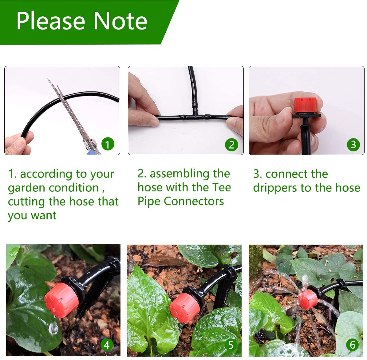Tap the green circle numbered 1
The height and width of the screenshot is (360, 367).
tap(107, 144)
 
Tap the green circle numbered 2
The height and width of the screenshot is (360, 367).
tap(231, 145)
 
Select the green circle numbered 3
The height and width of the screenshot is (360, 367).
tap(353, 145)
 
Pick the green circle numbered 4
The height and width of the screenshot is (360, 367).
tap(106, 345)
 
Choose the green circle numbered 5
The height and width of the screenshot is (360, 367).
tap(231, 345)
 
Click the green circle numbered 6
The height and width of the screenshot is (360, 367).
tap(353, 345)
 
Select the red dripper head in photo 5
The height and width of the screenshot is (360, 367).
tap(184, 308)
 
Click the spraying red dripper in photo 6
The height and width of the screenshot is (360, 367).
tap(307, 299)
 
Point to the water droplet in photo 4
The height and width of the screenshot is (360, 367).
tap(53, 329)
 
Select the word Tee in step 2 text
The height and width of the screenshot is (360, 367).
tap(221, 187)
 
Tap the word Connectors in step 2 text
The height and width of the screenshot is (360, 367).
tap(194, 201)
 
